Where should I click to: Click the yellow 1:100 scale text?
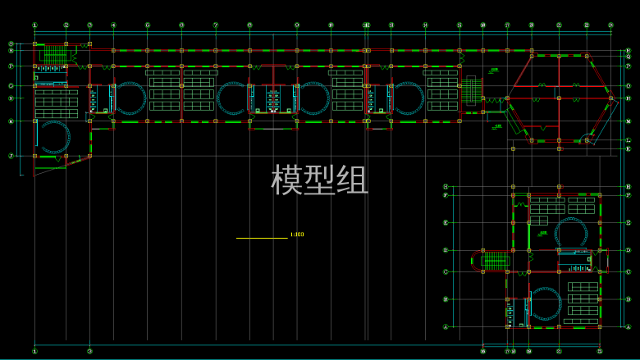coord(297,235)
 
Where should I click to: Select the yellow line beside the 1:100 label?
coord(262,238)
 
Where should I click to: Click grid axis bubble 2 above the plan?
coord(66,25)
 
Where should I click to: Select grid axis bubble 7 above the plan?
coord(216,25)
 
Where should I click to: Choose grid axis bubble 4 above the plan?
coord(113,25)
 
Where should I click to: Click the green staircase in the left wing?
coord(54,54)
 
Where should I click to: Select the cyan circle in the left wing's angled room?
coord(53,138)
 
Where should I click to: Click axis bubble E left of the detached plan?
coord(446,222)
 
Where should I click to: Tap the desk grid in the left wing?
coord(57,103)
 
